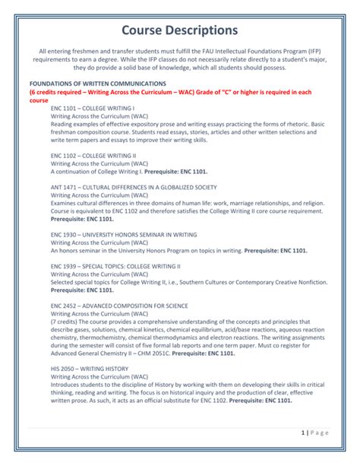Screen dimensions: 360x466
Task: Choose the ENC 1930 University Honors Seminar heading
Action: click(124, 235)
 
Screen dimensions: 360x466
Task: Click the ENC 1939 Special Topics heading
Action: click(115, 267)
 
